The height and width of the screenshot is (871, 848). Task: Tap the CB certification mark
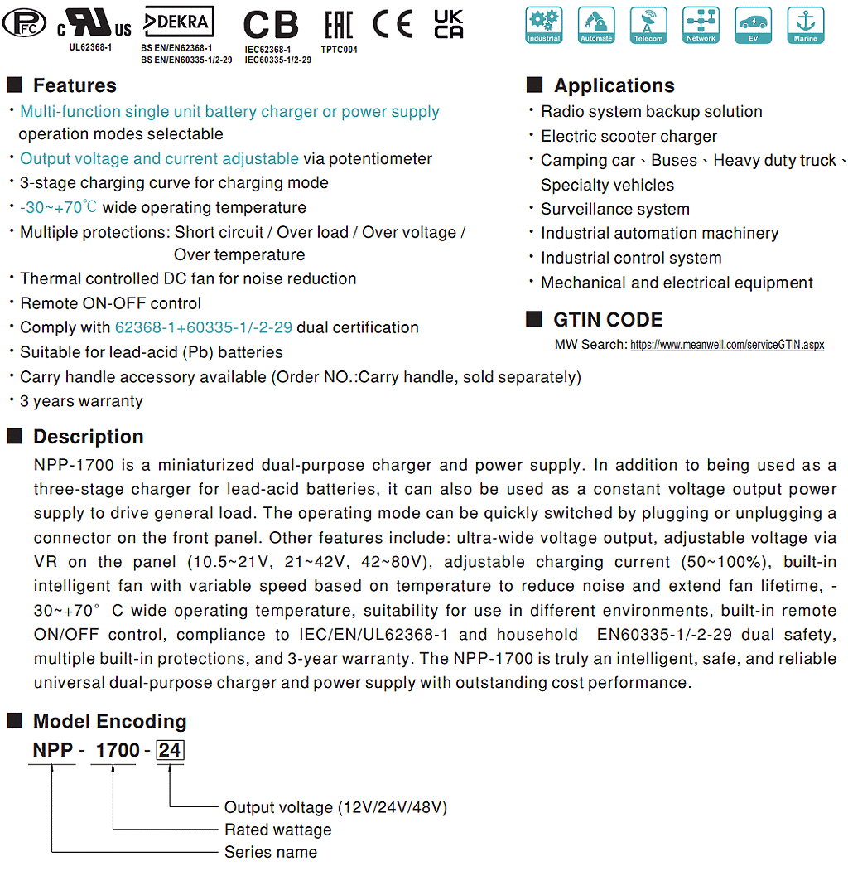pos(271,26)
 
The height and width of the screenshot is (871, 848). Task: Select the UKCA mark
pos(449,25)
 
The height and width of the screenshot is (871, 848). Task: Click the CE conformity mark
pos(392,25)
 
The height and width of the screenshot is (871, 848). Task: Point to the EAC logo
pos(338,25)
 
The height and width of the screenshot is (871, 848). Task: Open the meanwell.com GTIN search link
pos(726,345)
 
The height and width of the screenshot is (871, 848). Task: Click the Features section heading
pos(75,85)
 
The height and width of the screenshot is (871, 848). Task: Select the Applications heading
pos(614,85)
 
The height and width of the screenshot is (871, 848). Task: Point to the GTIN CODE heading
pos(608,320)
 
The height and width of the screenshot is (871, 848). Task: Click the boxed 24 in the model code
pos(170,751)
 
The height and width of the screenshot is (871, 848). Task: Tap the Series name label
pos(271,852)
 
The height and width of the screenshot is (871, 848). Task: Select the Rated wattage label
pos(277,830)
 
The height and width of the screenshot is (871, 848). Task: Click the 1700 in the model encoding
pos(118,751)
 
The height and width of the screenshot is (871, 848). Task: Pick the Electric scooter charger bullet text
pos(629,136)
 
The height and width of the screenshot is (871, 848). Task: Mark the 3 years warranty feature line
pos(81,401)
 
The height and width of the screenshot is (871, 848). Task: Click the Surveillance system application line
pos(614,209)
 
